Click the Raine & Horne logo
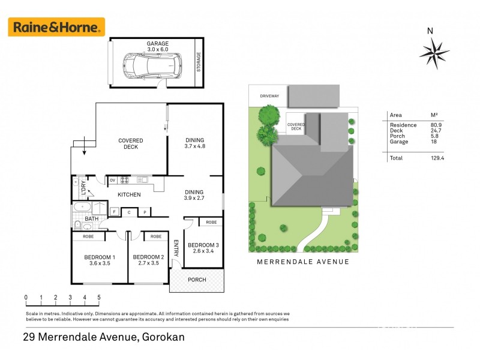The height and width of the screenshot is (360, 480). coord(56,27)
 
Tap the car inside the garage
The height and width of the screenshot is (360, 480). coord(153,63)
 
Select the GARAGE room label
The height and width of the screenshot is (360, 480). coord(158,44)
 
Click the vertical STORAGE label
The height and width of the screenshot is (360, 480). coord(199,62)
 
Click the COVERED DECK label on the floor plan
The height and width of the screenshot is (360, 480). coord(128,143)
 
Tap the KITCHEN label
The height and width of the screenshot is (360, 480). coord(129,194)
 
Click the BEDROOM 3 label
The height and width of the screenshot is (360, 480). coord(203,245)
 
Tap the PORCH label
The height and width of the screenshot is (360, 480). coord(197,280)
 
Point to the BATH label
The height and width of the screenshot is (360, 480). coord(91,219)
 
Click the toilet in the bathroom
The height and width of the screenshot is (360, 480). coord(78,225)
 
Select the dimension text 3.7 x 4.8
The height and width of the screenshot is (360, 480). coord(195,146)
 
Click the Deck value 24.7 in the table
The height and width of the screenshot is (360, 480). coord(436,130)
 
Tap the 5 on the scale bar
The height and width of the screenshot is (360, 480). coord(99,297)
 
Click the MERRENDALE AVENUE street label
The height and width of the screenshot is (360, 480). coord(303,262)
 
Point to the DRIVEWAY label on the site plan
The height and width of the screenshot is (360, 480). coord(269,96)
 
